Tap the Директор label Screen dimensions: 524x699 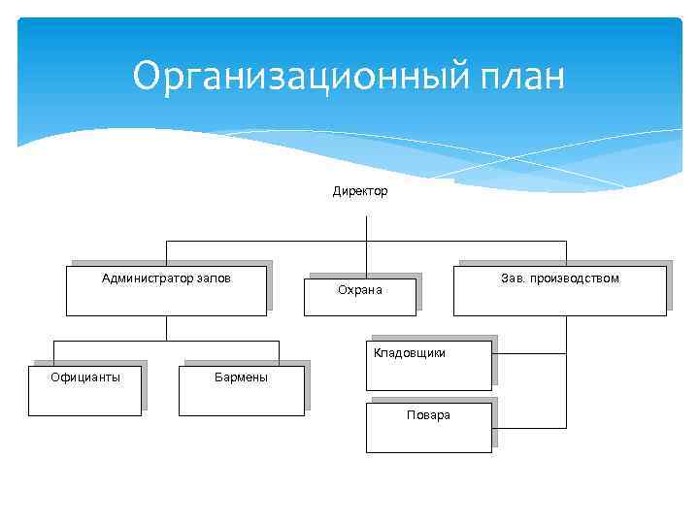pos(360,191)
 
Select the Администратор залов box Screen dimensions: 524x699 pos(166,290)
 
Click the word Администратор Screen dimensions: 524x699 pos(147,278)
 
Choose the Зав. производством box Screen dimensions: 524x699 pos(559,290)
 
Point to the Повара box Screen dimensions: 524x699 pos(428,428)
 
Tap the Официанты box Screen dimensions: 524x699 pos(84,390)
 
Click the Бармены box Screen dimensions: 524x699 pos(242,390)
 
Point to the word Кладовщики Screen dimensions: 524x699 pos(410,353)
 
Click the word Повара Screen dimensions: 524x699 pos(428,415)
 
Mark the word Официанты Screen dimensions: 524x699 pos(85,377)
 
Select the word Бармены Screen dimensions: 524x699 pos(241,377)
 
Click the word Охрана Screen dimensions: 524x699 pos(359,290)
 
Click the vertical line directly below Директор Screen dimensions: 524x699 pos(366,228)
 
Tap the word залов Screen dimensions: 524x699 pos(214,278)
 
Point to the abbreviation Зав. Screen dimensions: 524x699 pos(513,278)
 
